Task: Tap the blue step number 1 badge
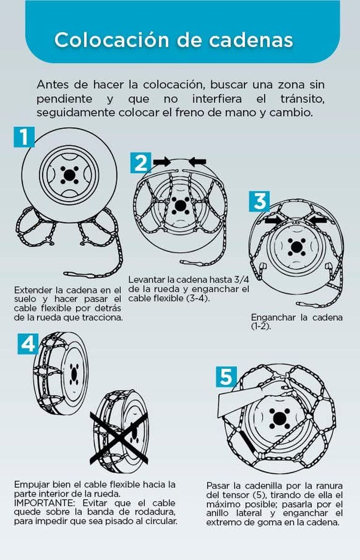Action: pyautogui.click(x=24, y=137)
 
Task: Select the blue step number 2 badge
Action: pyautogui.click(x=141, y=163)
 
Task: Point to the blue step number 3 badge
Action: pyautogui.click(x=259, y=201)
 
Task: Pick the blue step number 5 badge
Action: pyautogui.click(x=227, y=377)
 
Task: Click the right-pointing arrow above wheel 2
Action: pyautogui.click(x=162, y=162)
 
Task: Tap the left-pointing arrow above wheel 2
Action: pyautogui.click(x=197, y=162)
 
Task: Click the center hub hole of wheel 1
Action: pyautogui.click(x=69, y=175)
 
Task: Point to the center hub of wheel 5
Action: pyautogui.click(x=277, y=419)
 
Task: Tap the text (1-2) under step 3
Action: pyautogui.click(x=261, y=327)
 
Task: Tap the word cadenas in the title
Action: pyautogui.click(x=251, y=40)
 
